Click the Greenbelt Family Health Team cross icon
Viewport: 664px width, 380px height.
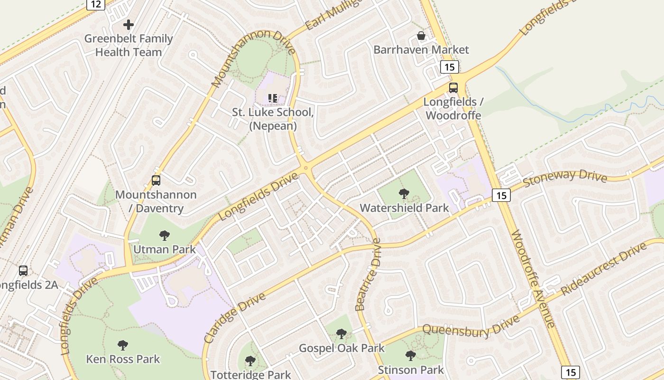pos(129,25)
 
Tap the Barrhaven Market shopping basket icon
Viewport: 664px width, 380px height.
pos(421,36)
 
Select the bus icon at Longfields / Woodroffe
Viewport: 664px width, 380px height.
pos(453,88)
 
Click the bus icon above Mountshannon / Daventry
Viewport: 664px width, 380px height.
pos(156,180)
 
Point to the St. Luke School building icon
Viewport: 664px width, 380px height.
pos(273,98)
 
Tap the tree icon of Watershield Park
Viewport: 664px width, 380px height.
pos(404,193)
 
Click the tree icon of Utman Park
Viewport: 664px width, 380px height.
pos(165,235)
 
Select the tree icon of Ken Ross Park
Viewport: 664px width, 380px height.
pos(123,345)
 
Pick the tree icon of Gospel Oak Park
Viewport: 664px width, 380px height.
pos(341,334)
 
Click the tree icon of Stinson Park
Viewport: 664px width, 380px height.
pos(411,355)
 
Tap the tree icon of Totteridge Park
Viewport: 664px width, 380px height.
pos(250,361)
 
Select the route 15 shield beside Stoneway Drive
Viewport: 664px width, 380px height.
pos(501,195)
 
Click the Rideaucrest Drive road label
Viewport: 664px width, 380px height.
pos(604,269)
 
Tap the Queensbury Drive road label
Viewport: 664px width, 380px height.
pos(470,327)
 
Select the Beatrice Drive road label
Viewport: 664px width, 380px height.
pos(368,275)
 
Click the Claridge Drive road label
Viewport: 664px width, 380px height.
pos(234,318)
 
